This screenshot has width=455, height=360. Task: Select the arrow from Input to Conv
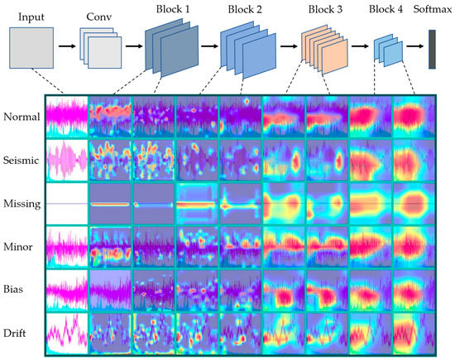pyautogui.click(x=67, y=49)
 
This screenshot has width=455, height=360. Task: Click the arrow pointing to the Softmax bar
pyautogui.click(x=415, y=48)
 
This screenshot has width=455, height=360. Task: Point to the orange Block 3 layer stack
pyautogui.click(x=325, y=49)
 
